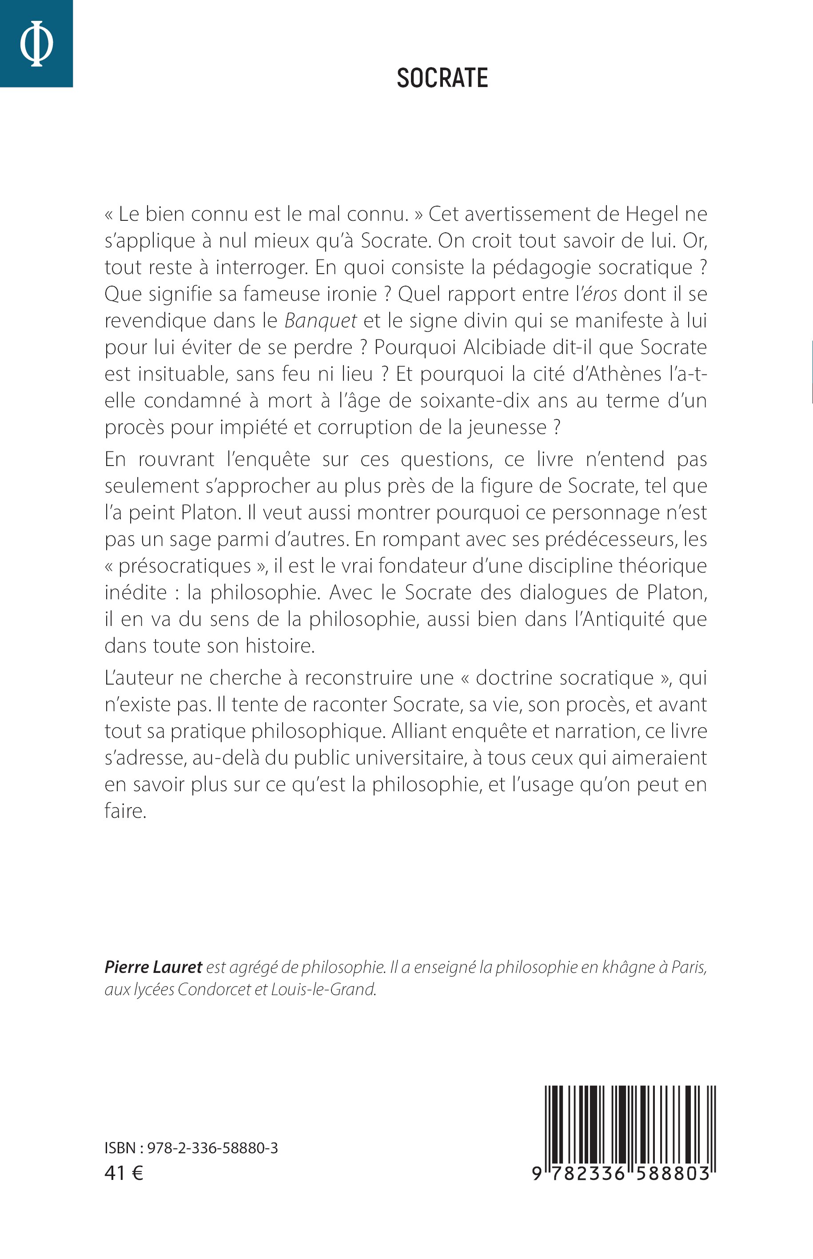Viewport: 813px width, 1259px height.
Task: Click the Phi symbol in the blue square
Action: point(36,43)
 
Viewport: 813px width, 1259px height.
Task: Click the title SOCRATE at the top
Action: point(442,78)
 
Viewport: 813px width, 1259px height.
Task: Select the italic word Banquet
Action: point(320,321)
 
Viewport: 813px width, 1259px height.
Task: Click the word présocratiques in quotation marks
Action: point(185,566)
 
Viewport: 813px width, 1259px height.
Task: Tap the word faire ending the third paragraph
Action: point(124,811)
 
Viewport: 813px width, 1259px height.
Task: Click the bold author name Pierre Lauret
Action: point(153,967)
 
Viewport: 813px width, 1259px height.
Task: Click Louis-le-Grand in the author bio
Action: point(323,989)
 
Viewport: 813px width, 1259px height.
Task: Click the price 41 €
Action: point(124,1172)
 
